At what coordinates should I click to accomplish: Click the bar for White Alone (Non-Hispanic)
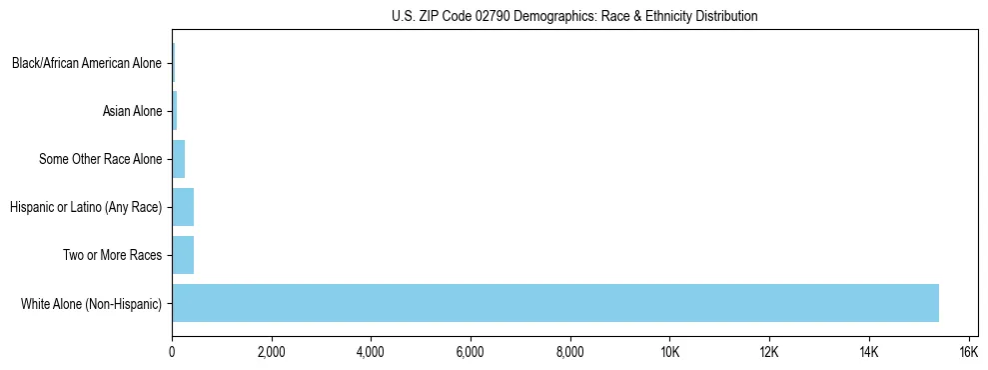click(x=555, y=303)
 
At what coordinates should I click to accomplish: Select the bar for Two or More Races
click(x=183, y=255)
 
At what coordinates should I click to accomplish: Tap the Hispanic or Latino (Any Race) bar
click(x=183, y=207)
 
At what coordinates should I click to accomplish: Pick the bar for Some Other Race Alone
click(x=179, y=159)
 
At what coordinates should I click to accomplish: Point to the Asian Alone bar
click(x=175, y=111)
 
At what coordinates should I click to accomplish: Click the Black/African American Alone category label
click(x=86, y=63)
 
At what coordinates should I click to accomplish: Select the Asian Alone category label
click(x=132, y=111)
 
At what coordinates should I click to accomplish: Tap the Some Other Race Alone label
click(x=100, y=159)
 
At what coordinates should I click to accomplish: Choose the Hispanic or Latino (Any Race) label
click(x=86, y=207)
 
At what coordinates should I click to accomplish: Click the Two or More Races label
click(x=112, y=255)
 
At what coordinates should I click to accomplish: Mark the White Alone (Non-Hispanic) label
click(x=91, y=303)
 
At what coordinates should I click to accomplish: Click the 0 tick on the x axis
click(x=172, y=352)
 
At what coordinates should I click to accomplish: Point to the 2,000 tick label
click(x=272, y=352)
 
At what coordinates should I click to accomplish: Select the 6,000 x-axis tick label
click(x=471, y=352)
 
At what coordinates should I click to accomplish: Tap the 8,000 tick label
click(x=570, y=352)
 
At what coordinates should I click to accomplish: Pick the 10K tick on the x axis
click(x=669, y=352)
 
